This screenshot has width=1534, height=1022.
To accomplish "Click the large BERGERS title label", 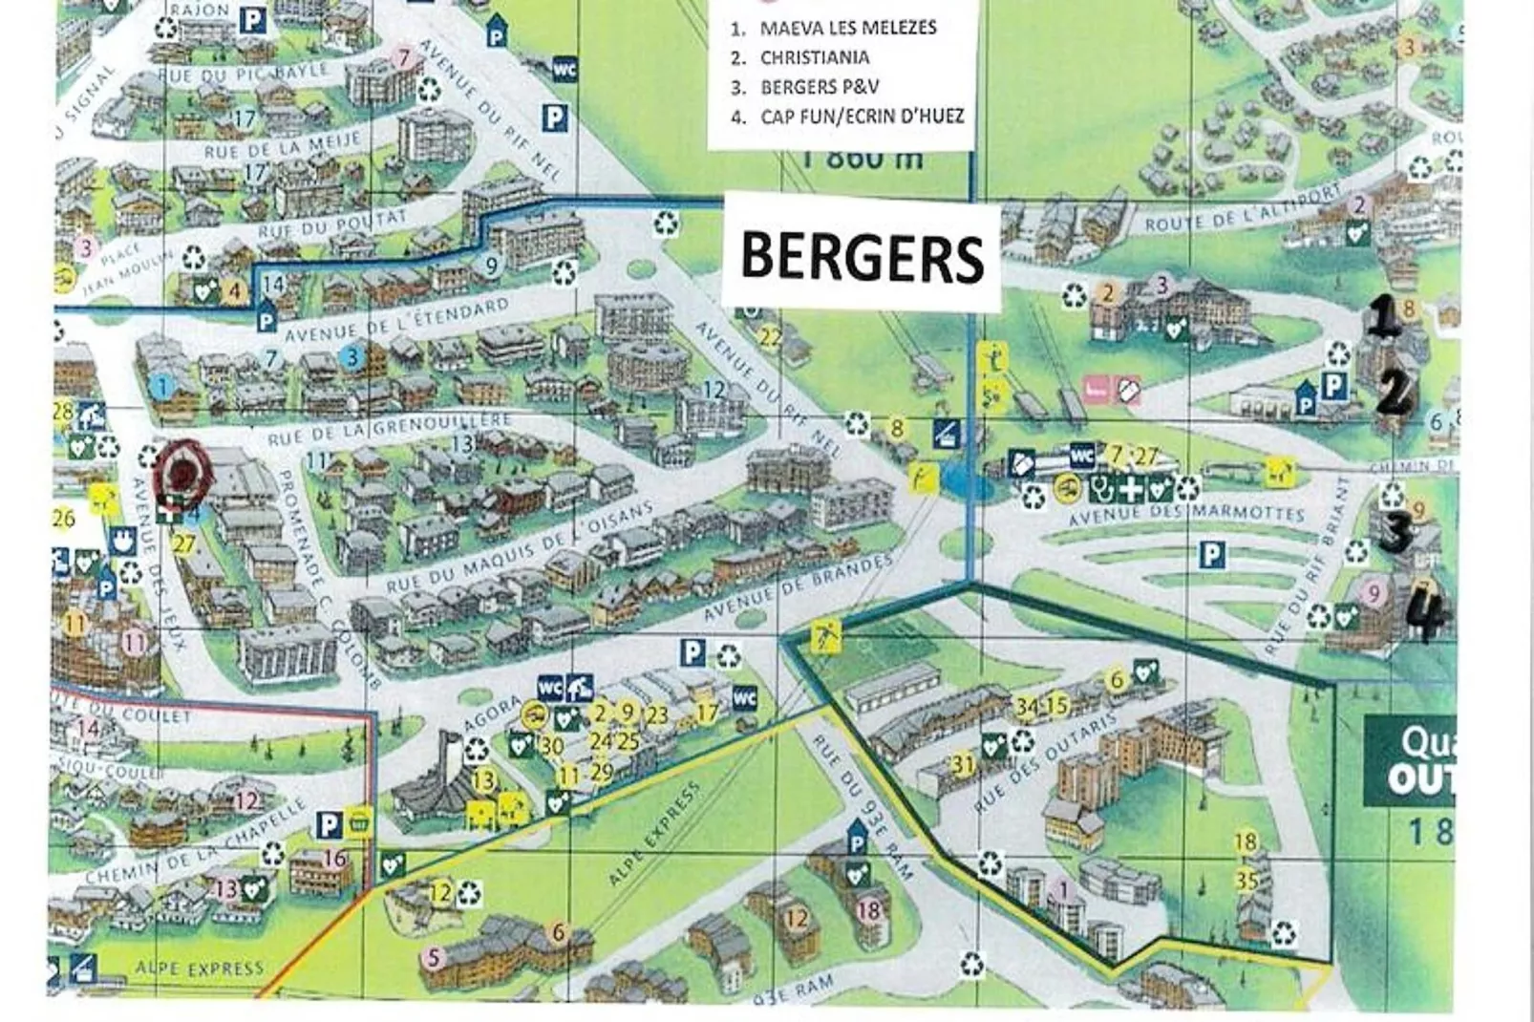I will (862, 256).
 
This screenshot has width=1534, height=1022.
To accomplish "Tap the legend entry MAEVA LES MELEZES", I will (847, 28).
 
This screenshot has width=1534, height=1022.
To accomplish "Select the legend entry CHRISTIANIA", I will (814, 57).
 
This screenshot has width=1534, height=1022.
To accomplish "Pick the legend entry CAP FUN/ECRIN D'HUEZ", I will (862, 117).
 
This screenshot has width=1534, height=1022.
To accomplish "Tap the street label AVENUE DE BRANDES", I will (797, 586).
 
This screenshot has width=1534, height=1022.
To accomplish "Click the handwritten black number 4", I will (1427, 616).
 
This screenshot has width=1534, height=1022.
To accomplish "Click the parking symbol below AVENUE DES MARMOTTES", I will (1211, 555).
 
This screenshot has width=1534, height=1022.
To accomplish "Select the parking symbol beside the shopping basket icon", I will (329, 825).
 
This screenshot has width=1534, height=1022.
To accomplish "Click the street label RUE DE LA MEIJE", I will (282, 146).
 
